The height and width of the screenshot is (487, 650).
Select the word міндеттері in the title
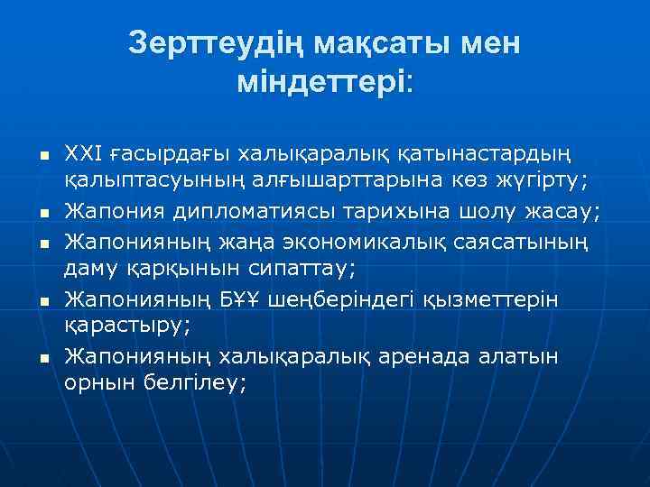pyautogui.click(x=320, y=83)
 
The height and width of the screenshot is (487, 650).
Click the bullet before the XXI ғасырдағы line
pyautogui.click(x=30, y=157)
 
